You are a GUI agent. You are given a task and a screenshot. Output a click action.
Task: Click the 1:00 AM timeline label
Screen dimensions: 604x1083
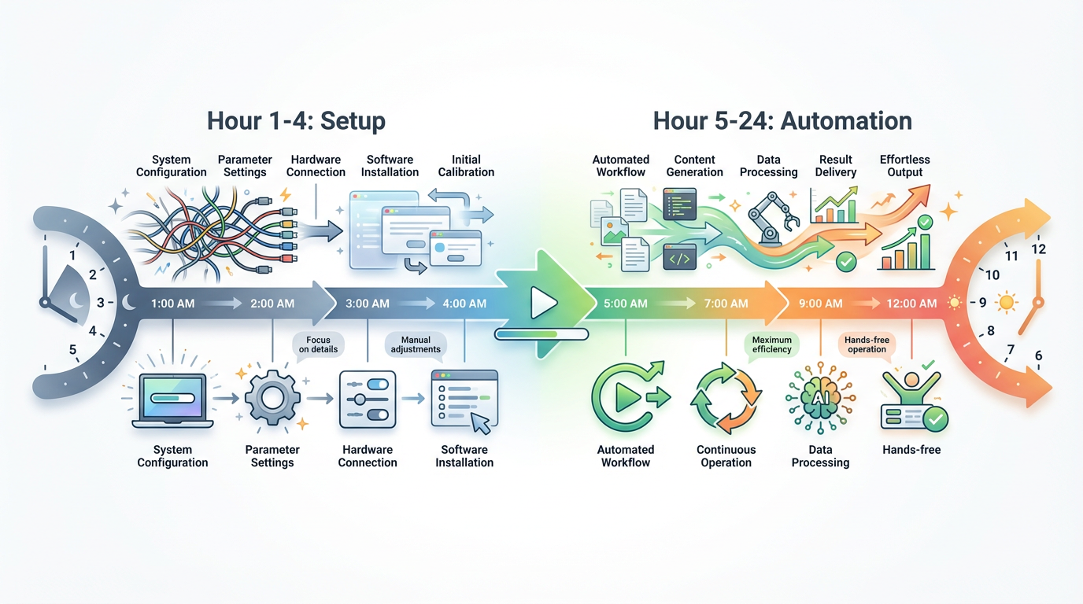(172, 303)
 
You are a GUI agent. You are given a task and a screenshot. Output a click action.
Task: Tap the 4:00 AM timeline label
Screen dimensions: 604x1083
(464, 303)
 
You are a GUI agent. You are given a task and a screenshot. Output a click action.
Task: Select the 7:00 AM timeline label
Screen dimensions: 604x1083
(726, 303)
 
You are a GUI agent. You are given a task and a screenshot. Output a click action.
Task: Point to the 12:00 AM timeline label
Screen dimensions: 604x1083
(911, 303)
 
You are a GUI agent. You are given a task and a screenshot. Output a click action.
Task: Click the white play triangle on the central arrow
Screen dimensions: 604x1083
(542, 303)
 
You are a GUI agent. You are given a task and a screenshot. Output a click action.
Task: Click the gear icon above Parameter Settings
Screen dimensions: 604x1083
(272, 399)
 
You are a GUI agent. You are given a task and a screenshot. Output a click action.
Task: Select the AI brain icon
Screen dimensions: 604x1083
(820, 400)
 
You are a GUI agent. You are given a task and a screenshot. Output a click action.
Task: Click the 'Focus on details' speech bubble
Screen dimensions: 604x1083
(318, 344)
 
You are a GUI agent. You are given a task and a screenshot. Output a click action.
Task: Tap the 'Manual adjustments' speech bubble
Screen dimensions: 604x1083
(416, 344)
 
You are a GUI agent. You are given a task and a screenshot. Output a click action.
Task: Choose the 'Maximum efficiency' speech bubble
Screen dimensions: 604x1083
(771, 344)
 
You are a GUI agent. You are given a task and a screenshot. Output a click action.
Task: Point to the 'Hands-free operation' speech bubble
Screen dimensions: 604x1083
(867, 344)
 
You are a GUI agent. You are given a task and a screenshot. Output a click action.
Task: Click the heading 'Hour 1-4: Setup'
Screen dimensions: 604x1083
(296, 121)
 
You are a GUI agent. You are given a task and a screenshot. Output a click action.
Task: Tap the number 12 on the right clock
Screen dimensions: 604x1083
(1038, 249)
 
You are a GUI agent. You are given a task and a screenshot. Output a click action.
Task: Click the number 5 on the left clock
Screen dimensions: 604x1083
(73, 350)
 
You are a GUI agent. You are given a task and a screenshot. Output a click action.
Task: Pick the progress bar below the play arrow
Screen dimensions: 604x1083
(541, 334)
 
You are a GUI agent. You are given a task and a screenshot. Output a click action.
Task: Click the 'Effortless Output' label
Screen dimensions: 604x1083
(905, 166)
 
